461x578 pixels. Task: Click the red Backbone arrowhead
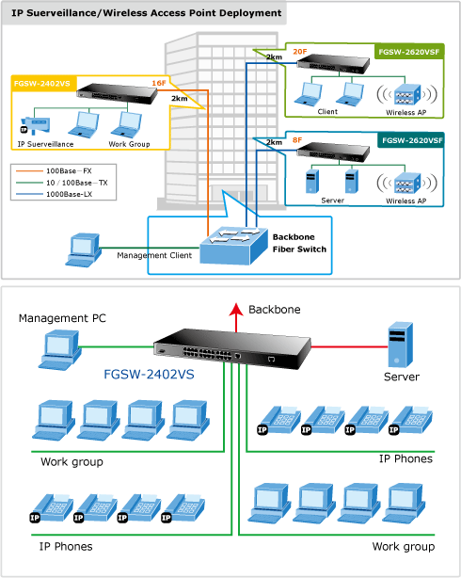tap(236, 310)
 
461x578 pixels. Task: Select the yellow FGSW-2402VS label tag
tap(43, 83)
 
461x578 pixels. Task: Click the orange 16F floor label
tap(159, 83)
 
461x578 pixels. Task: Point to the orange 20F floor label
tap(300, 52)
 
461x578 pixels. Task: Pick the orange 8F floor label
tap(297, 140)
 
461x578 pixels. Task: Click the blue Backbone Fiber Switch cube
tap(233, 245)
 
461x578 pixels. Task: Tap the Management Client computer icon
tap(84, 249)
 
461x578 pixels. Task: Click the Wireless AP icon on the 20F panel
tap(406, 95)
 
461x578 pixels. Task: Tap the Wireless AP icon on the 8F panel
tap(406, 184)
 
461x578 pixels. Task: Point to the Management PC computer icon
tap(59, 350)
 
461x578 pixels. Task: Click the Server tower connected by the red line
tap(401, 345)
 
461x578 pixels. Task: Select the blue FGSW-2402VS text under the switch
tap(149, 374)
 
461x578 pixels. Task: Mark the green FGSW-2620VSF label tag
tap(409, 52)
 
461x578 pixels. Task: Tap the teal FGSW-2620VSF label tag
tap(411, 140)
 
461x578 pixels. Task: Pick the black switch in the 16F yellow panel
tap(118, 93)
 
